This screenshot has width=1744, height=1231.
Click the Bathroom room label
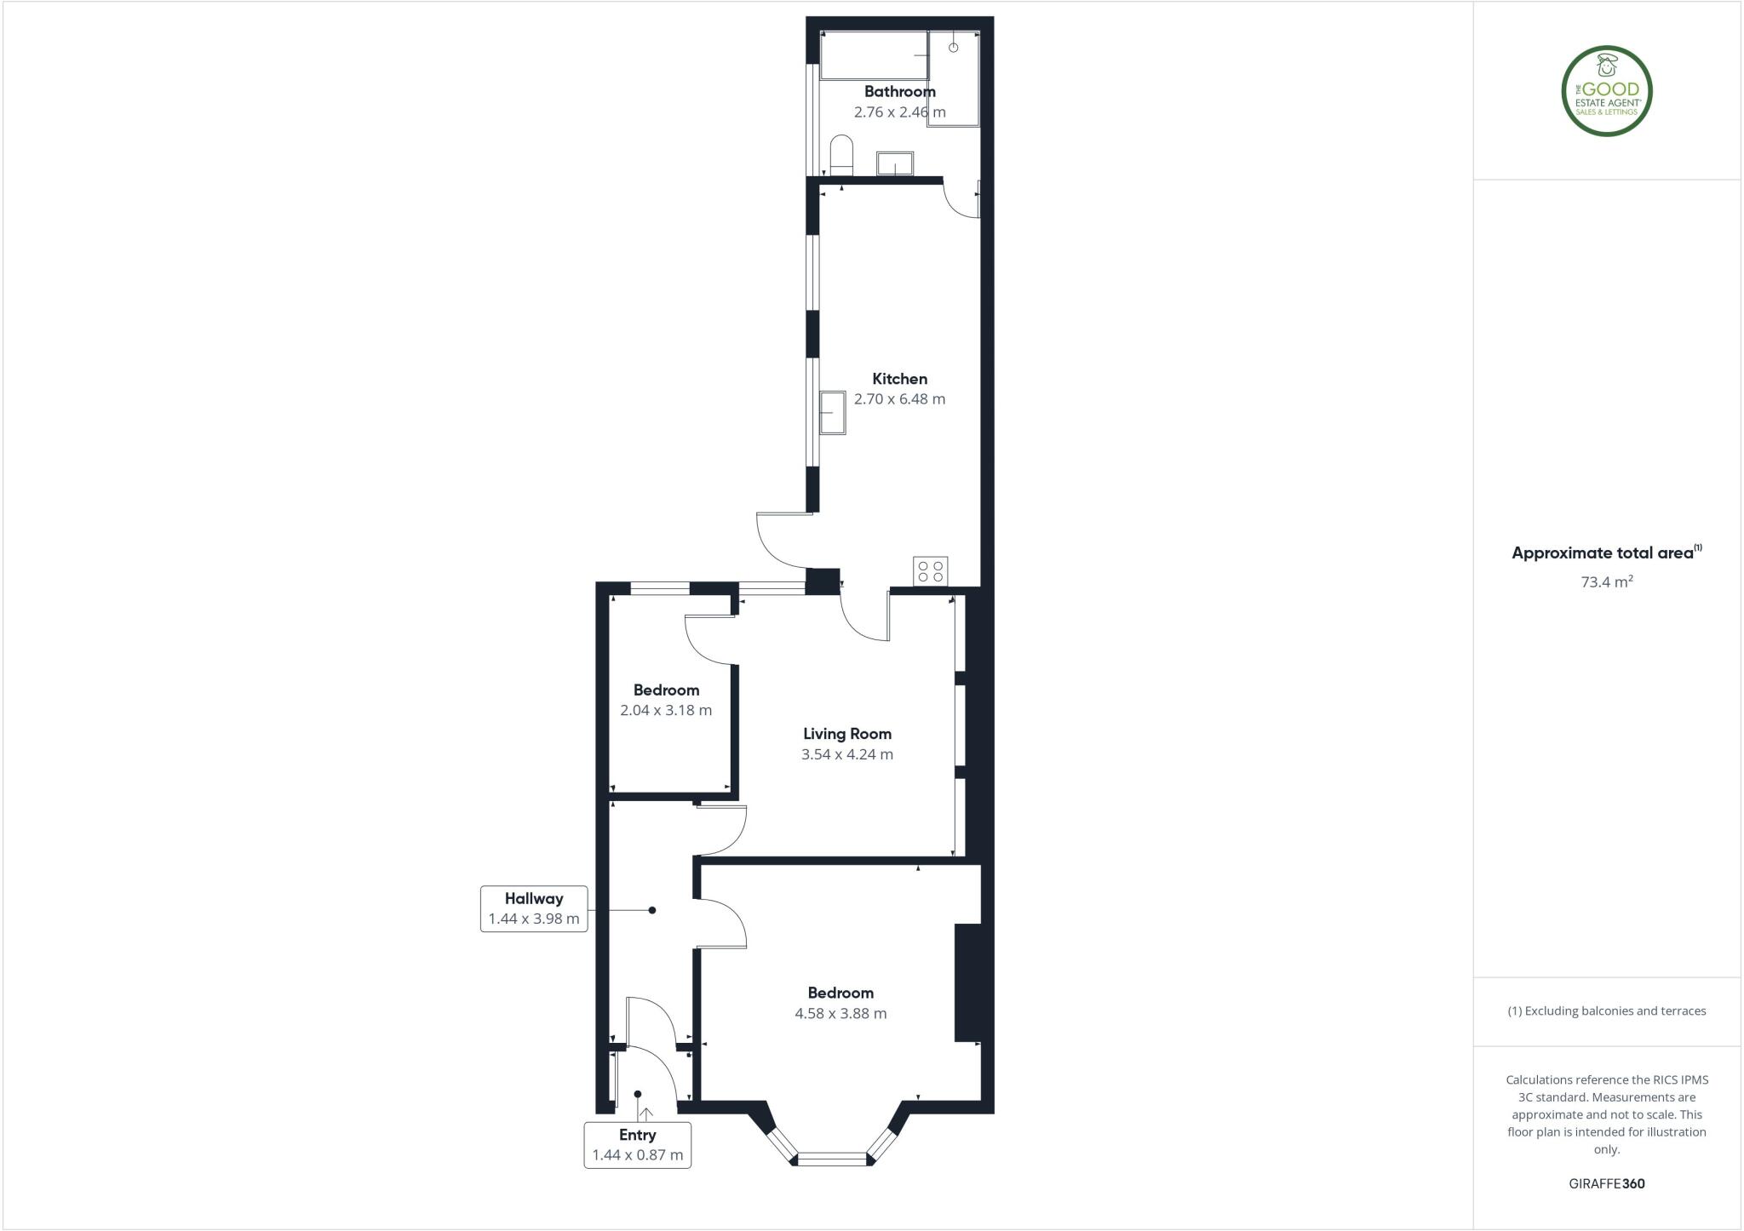click(x=899, y=92)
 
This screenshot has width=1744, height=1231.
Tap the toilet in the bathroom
click(x=841, y=155)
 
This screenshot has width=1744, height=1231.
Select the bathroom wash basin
click(x=895, y=163)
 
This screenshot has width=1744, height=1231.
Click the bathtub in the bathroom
click(x=874, y=55)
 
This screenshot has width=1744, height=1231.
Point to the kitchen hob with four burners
click(x=930, y=570)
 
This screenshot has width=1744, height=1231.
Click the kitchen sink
click(x=833, y=413)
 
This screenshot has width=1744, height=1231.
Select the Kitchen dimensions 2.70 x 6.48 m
click(x=899, y=399)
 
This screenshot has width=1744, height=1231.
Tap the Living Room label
click(x=847, y=734)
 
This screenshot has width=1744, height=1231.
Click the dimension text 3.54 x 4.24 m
click(x=847, y=754)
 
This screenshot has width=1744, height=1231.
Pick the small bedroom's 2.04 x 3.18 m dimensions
click(x=666, y=710)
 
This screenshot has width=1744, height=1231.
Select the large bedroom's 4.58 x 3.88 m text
click(x=840, y=1013)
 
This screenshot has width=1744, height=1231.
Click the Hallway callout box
click(x=534, y=908)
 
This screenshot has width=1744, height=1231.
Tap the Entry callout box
click(x=637, y=1145)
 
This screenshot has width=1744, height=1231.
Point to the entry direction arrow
click(x=645, y=1114)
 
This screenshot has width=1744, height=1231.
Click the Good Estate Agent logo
click(x=1607, y=91)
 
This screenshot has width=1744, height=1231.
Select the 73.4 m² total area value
click(x=1607, y=582)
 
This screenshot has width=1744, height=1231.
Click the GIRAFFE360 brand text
click(x=1607, y=1183)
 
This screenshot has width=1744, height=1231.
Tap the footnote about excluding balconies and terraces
click(x=1607, y=1011)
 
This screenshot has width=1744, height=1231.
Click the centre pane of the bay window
click(x=832, y=1158)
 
